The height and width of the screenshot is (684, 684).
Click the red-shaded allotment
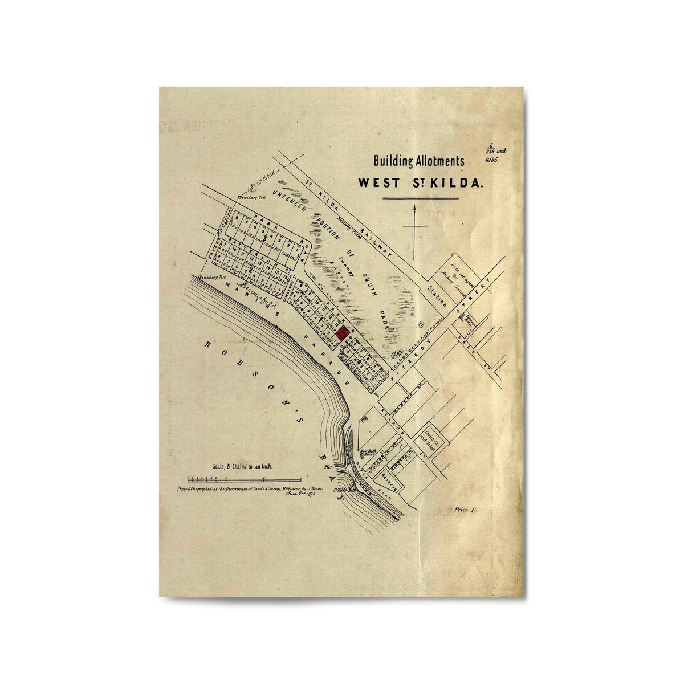click(x=343, y=333)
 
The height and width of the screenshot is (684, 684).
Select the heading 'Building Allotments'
click(x=418, y=161)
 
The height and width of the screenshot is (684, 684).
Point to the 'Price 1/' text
click(x=465, y=510)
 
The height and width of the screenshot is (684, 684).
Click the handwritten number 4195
click(x=491, y=161)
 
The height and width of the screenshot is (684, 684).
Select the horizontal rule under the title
click(x=420, y=198)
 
